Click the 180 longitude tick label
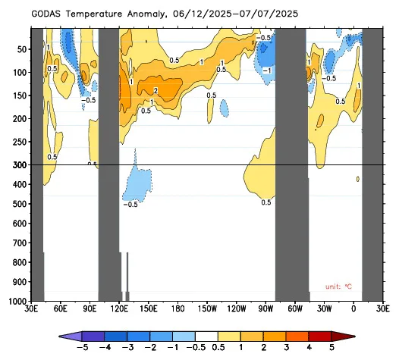(178, 309)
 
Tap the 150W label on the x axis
(208, 309)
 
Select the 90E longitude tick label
(90, 309)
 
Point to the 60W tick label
(295, 309)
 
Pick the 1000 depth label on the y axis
(17, 302)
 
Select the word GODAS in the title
(46, 14)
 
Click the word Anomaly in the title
(146, 14)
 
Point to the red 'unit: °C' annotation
(338, 286)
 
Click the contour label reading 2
(156, 90)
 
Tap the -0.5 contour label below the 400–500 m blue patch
(130, 205)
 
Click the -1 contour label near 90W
(267, 70)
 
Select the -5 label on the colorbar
(83, 347)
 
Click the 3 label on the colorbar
(286, 347)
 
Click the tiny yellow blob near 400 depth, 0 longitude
(358, 179)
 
